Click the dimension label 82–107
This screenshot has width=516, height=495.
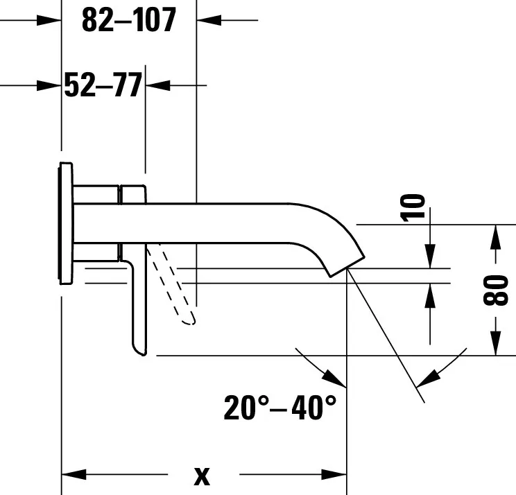pyautogui.click(x=129, y=20)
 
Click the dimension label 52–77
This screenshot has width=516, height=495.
pyautogui.click(x=103, y=85)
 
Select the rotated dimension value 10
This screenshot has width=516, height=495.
pyautogui.click(x=413, y=208)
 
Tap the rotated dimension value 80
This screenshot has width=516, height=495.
pyautogui.click(x=496, y=290)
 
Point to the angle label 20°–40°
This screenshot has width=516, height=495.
pyautogui.click(x=280, y=408)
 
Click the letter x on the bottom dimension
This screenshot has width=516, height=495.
pyautogui.click(x=202, y=476)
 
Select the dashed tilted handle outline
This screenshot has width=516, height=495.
pyautogui.click(x=171, y=284)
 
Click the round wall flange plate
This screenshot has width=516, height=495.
pyautogui.click(x=66, y=223)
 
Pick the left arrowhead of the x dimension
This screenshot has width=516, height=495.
pyautogui.click(x=74, y=475)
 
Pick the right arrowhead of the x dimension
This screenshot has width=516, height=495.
pyautogui.click(x=334, y=475)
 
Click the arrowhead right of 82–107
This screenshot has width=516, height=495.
pyautogui.click(x=209, y=20)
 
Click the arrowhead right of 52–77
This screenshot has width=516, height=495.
pyautogui.click(x=158, y=85)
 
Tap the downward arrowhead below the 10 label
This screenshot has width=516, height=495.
pyautogui.click(x=430, y=256)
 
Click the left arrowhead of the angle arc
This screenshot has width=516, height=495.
pyautogui.click(x=334, y=379)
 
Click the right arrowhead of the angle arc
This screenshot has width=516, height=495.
pyautogui.click(x=428, y=379)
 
